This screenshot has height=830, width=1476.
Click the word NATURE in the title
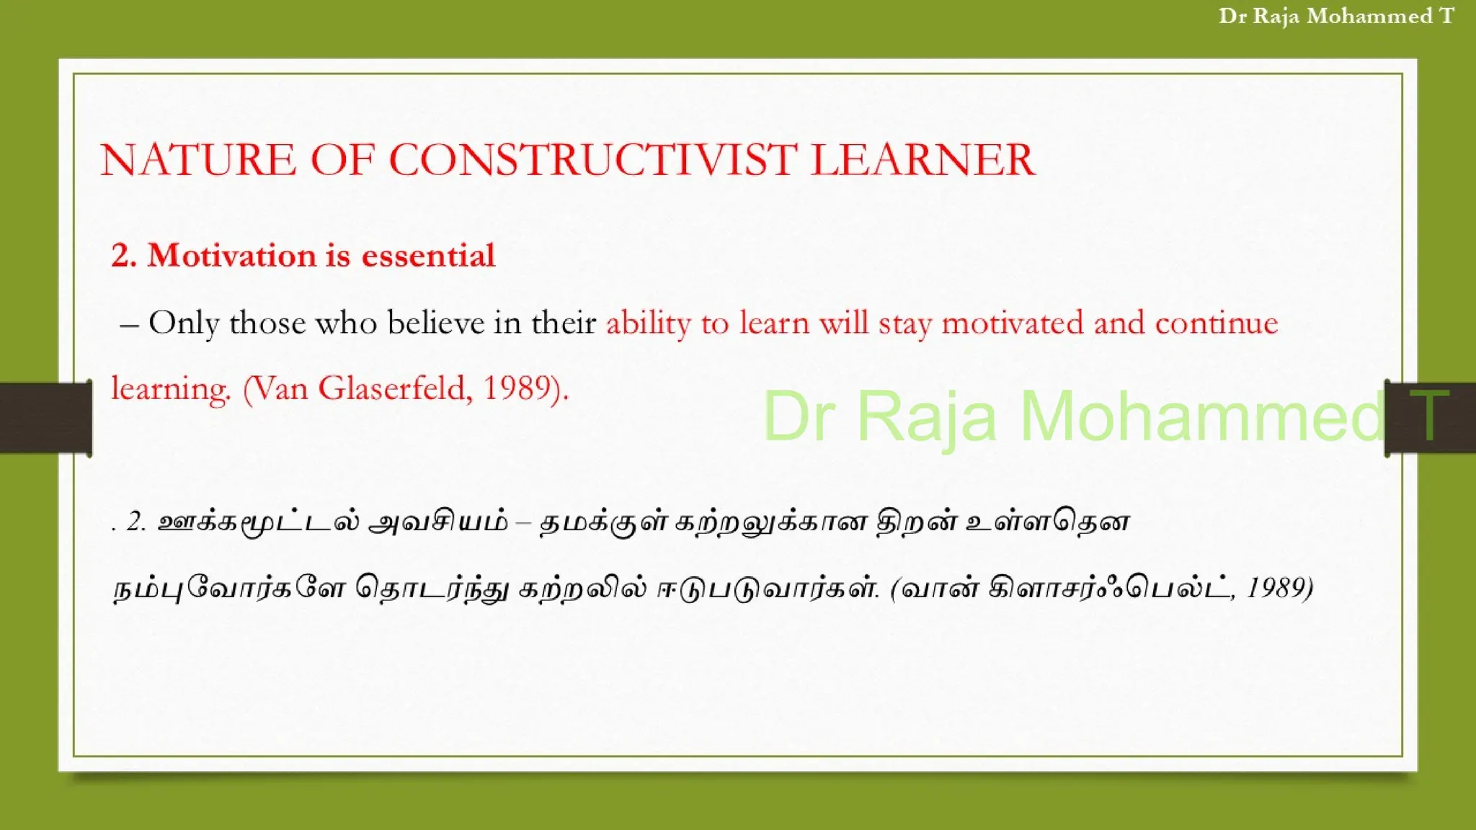pos(197,160)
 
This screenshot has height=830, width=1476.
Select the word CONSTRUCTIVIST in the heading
pos(592,160)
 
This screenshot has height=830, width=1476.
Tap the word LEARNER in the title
pos(922,160)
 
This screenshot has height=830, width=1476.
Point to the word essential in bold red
pos(428,256)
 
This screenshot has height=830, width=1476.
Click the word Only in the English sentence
pos(183,323)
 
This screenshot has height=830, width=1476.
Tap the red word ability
pos(648,323)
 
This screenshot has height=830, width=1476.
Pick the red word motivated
pos(1013,322)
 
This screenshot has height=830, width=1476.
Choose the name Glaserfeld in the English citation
pos(395,389)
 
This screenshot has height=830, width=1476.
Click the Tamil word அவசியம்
pos(437,522)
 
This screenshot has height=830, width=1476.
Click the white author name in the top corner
pos(1336,16)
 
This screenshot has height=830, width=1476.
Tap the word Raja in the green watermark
pos(927,416)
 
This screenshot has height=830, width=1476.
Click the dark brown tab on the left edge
pos(45,418)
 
